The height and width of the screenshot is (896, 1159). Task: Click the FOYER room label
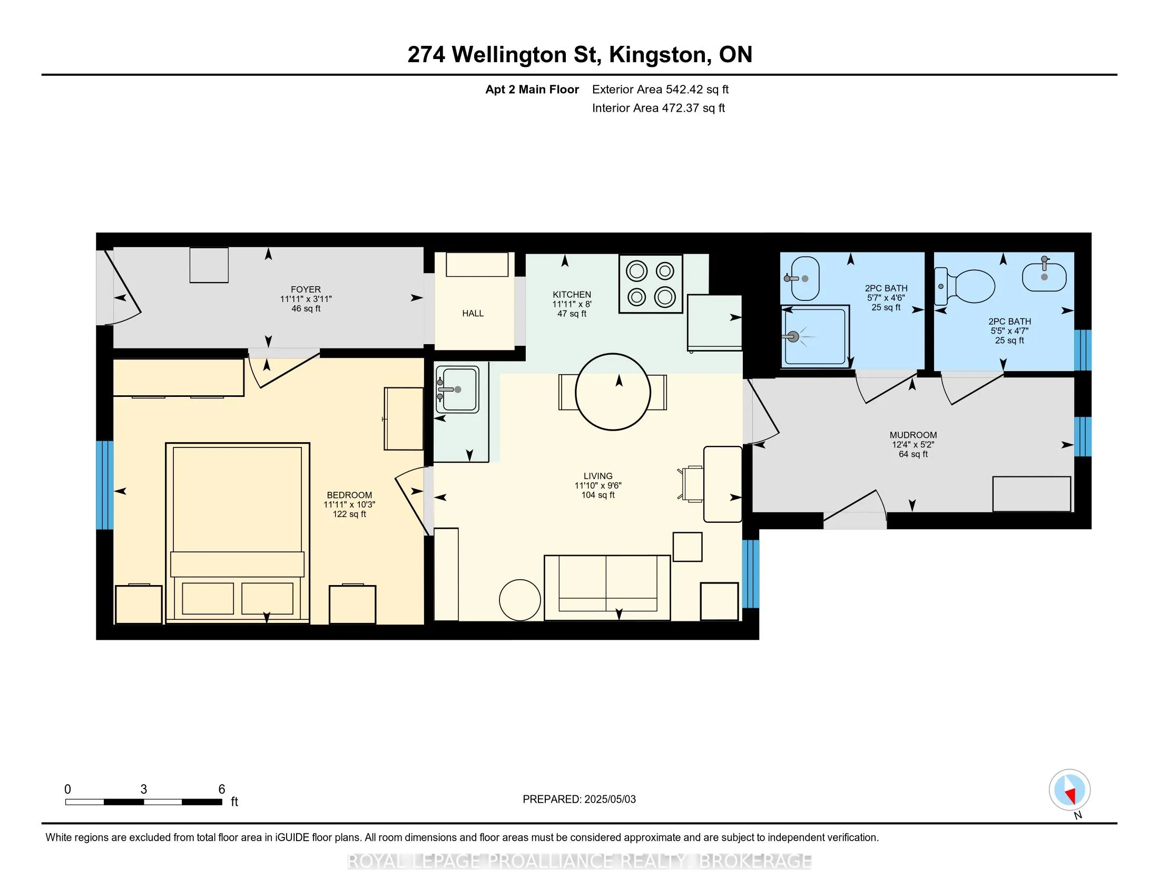click(x=306, y=289)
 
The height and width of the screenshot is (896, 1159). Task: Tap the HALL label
click(x=473, y=313)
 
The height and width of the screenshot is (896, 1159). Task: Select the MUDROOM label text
click(x=914, y=435)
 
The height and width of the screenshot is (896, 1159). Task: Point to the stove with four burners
click(x=651, y=284)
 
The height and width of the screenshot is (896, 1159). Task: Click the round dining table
click(x=613, y=392)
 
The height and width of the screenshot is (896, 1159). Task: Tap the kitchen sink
click(x=457, y=389)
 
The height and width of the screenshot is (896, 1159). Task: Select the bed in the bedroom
click(x=238, y=532)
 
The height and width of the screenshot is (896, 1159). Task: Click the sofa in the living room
click(x=607, y=588)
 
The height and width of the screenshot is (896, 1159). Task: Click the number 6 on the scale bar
click(x=222, y=789)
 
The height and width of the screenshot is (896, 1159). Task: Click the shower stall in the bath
click(x=815, y=336)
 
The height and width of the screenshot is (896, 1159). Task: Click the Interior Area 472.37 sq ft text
click(x=659, y=108)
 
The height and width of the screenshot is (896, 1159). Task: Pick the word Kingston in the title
click(x=660, y=55)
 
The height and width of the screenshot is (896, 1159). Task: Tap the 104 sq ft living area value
click(x=598, y=495)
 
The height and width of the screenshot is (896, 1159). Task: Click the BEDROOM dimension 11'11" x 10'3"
click(x=349, y=504)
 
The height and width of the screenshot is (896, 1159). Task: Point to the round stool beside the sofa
click(x=520, y=600)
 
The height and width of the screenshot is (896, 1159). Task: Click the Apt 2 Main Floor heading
click(x=532, y=90)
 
